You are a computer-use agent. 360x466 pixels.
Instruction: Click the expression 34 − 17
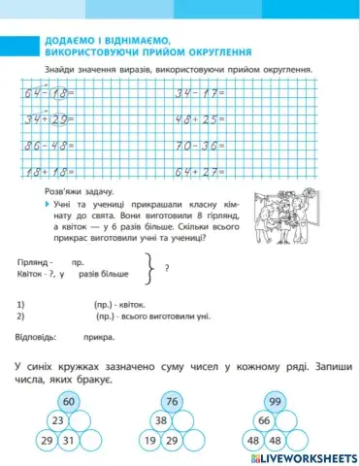click(197, 94)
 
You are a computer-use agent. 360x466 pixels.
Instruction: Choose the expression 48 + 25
click(197, 120)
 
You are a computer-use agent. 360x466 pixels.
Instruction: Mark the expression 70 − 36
click(197, 148)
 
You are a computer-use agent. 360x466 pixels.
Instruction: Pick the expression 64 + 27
click(197, 174)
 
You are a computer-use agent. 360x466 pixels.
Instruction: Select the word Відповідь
click(37, 338)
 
